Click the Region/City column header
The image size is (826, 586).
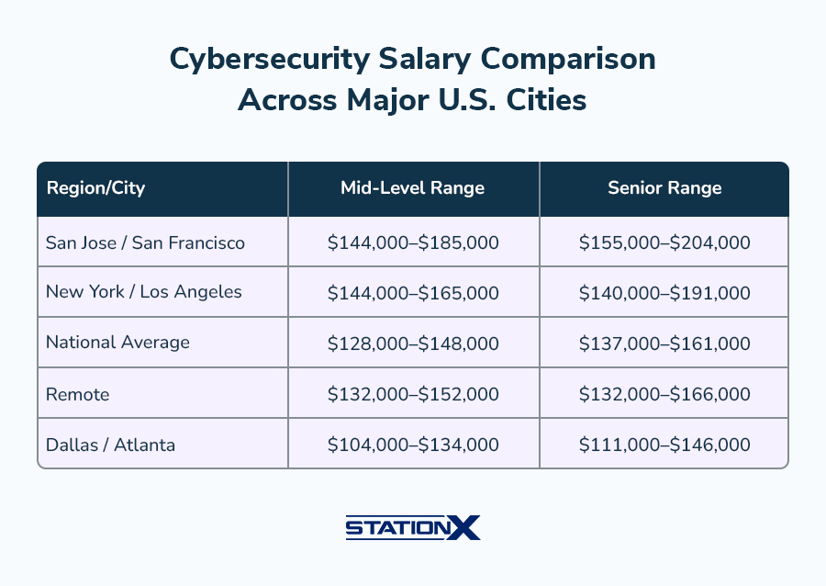coord(95,188)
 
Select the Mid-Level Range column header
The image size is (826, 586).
coord(413,188)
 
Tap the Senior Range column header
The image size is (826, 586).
coord(664,188)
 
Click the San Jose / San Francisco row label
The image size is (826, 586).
coord(145,242)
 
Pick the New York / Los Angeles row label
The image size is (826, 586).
coord(144,292)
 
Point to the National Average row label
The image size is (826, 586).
coord(117,343)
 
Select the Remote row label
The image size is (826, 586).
coord(78,394)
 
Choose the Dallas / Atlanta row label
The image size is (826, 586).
coord(110,445)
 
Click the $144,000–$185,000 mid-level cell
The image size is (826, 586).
coord(413,242)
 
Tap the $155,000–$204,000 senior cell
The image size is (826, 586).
coord(664,242)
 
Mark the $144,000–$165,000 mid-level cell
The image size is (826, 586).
coord(413,293)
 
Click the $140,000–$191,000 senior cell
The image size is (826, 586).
coord(664,293)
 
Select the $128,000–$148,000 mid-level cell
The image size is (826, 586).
coord(413,344)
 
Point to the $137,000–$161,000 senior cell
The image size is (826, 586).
coord(664,344)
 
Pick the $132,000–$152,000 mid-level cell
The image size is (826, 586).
coord(413,394)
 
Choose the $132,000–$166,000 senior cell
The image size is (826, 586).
coord(664,394)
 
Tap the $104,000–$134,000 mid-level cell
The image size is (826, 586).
coord(413,445)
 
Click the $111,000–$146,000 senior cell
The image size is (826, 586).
coord(664,445)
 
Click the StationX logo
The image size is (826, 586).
coord(413,527)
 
